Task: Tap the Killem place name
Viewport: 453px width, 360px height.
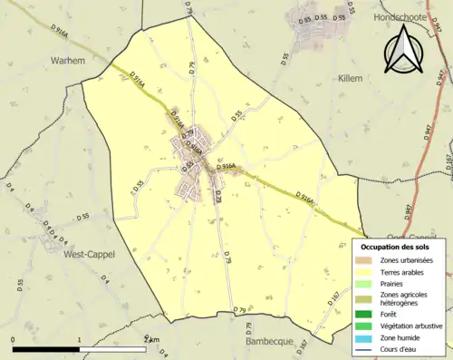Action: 350,79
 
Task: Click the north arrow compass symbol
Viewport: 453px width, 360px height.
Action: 405,49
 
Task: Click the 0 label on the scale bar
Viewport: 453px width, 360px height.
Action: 13,340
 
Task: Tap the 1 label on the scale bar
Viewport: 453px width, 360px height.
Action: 80,340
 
